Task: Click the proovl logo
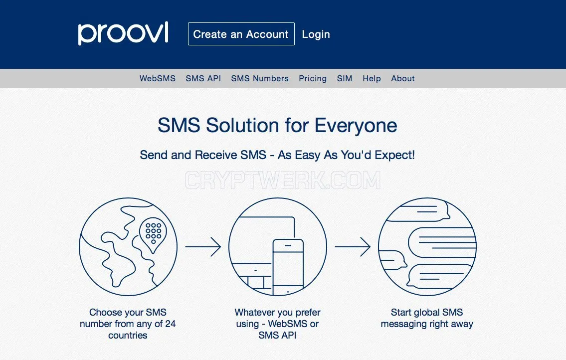click(123, 33)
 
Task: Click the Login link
click(316, 34)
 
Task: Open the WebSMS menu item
click(158, 78)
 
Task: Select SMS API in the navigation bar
click(203, 78)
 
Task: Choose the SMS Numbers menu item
click(260, 78)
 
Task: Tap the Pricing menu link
click(313, 79)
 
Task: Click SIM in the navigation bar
click(345, 78)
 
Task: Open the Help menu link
click(372, 78)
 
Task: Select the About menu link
click(403, 78)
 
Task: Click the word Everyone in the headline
click(356, 126)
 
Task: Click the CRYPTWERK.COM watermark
click(283, 180)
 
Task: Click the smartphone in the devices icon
click(288, 267)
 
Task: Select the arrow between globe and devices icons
click(203, 247)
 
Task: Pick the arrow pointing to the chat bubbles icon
click(353, 247)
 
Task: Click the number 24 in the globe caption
click(171, 324)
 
